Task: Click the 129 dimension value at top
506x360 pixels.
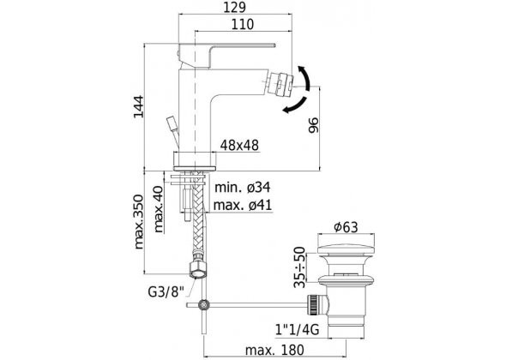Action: coord(235,8)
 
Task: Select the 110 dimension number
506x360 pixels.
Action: coord(243,25)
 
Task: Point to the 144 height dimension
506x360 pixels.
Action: coord(139,107)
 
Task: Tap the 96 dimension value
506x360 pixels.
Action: coord(313,125)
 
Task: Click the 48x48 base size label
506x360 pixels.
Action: coord(239,146)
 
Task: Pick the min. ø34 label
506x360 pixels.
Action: coord(243,188)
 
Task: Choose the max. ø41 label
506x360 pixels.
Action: coord(243,205)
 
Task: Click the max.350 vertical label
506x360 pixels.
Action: coord(138,222)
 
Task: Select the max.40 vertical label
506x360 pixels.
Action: coord(159,210)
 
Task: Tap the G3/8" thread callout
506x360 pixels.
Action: coord(166,292)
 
